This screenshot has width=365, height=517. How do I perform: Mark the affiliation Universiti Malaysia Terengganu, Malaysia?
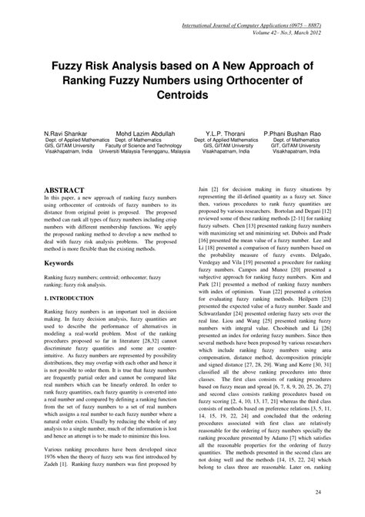[x=144, y=152]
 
